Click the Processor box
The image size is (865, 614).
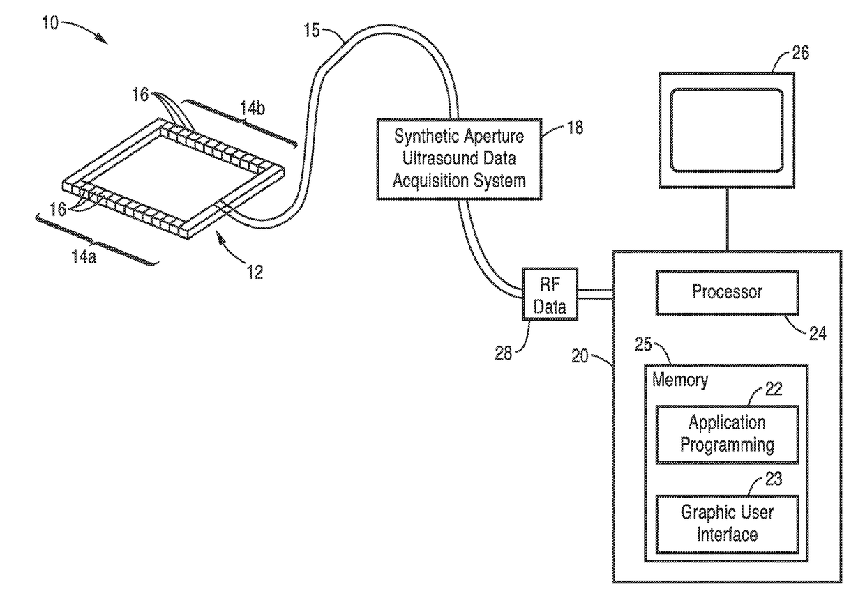point(727,293)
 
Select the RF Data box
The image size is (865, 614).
point(550,294)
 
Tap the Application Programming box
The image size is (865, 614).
point(727,434)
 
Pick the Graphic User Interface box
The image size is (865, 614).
point(727,525)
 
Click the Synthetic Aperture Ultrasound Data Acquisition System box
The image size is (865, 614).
point(459,160)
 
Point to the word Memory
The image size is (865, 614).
point(680,380)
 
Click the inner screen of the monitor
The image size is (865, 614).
point(727,130)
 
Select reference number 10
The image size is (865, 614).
point(50,23)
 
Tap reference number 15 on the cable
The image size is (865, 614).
point(312,30)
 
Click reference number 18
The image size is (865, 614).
point(575,128)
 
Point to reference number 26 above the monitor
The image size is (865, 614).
point(801,52)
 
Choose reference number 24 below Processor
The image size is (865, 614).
point(818,333)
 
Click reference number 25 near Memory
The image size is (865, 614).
point(643,344)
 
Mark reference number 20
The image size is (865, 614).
point(580,356)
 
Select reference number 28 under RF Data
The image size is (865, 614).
point(504,353)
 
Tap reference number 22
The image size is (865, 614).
point(774,389)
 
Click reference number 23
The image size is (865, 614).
point(774,479)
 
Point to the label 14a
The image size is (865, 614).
point(84,256)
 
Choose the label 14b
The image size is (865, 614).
point(253,109)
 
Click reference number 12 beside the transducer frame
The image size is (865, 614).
point(255,273)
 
